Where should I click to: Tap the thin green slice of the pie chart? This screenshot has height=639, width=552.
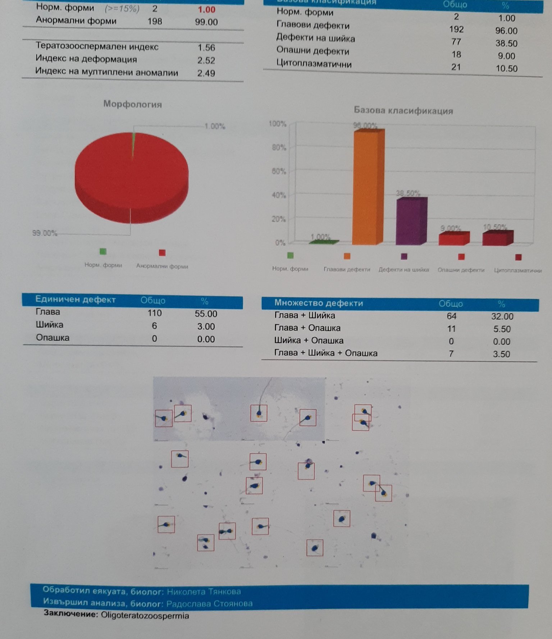coord(134,144)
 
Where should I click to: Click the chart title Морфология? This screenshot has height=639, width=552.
coord(132,104)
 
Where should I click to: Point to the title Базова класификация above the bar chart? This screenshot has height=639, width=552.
coord(403,110)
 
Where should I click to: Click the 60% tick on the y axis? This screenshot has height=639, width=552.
coord(279,171)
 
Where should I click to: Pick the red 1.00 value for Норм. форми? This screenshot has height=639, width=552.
coord(206,10)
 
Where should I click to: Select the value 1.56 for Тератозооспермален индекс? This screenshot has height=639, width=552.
coord(206,47)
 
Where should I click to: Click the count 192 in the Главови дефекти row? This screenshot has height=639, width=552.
coord(456,29)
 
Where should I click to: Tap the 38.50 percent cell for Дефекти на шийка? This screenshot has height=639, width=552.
coord(506,43)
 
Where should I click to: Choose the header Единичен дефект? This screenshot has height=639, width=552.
coord(75,300)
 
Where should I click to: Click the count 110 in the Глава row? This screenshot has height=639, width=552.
coord(154,313)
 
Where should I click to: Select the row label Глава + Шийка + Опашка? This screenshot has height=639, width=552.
coord(325,353)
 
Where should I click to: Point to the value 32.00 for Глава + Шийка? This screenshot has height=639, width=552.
coord(502,316)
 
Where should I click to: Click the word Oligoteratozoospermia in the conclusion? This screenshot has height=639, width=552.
coord(145,616)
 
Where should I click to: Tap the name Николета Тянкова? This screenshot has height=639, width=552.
coord(204,592)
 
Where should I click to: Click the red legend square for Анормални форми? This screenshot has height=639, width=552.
coord(162,253)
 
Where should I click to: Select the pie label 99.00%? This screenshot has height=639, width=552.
coord(45,233)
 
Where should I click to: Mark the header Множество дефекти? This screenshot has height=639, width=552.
coord(318,303)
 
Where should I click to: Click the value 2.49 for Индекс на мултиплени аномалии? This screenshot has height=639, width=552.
coord(206,73)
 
